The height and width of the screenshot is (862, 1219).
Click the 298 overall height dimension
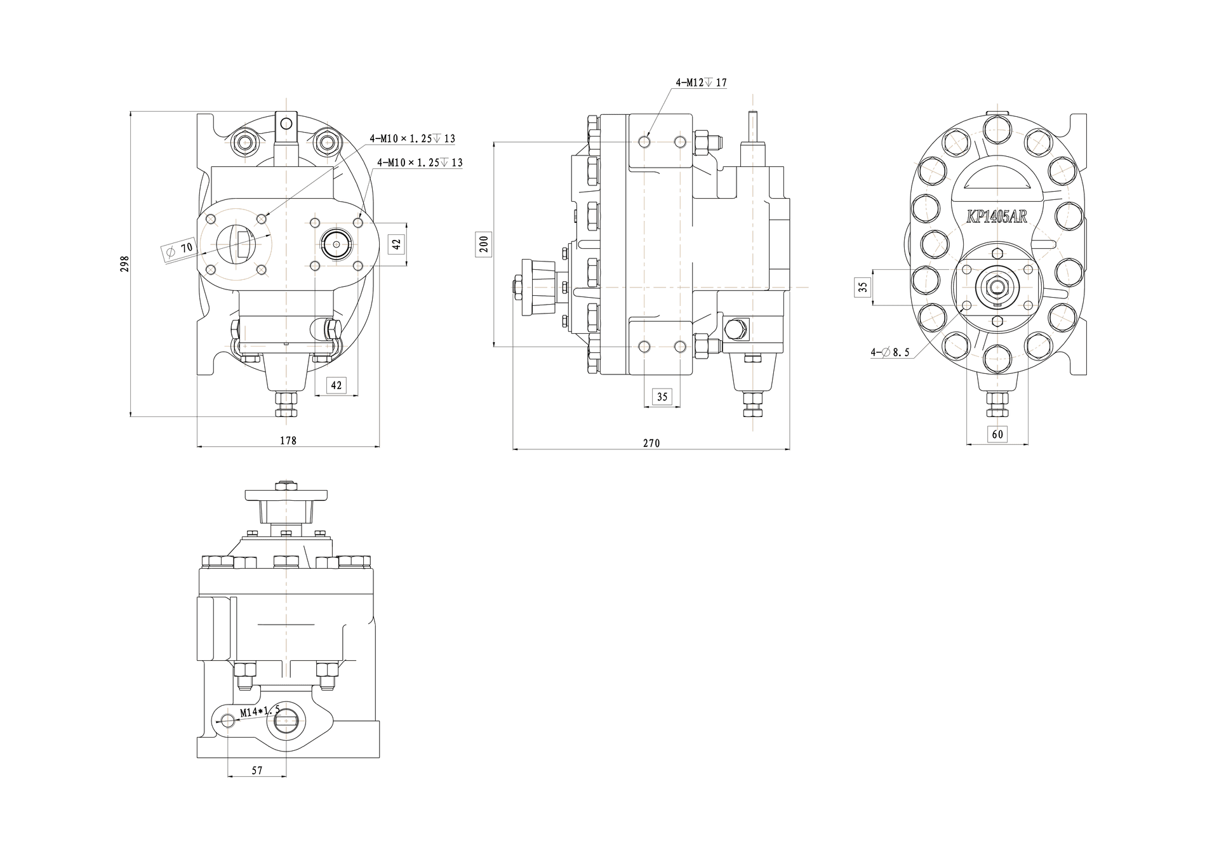click(125, 264)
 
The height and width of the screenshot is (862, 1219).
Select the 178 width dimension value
click(288, 440)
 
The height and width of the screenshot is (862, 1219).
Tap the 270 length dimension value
click(651, 443)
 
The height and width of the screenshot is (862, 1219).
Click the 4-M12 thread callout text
click(702, 83)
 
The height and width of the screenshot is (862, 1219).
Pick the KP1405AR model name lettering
click(996, 216)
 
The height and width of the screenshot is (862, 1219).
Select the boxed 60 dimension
click(997, 434)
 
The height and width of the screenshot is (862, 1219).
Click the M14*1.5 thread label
click(260, 711)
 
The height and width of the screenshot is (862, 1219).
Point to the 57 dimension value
click(257, 771)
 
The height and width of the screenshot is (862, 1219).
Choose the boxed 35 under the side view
click(662, 397)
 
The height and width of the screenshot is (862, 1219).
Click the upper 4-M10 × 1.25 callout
click(413, 138)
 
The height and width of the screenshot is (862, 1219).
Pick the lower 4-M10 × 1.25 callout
click(420, 162)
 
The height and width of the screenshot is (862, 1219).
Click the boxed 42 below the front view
click(336, 385)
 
